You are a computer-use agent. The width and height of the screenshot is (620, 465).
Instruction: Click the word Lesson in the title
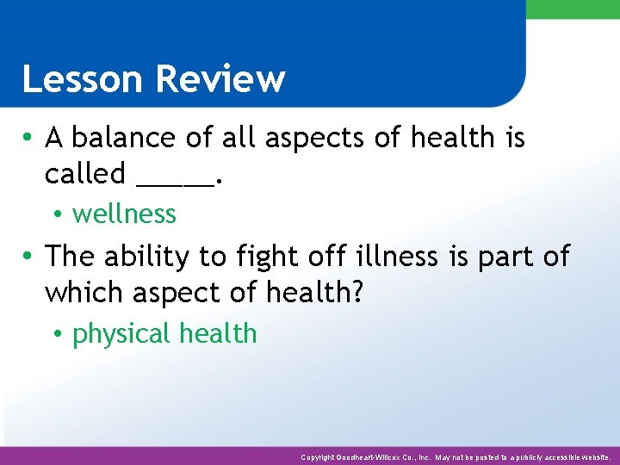pyautogui.click(x=80, y=79)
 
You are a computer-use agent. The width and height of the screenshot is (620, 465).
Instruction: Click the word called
pyautogui.click(x=84, y=174)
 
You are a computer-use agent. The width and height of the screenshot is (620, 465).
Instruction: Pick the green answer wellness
pyautogui.click(x=124, y=214)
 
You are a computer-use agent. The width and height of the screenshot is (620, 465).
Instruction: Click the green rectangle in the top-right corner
pyautogui.click(x=572, y=9)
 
